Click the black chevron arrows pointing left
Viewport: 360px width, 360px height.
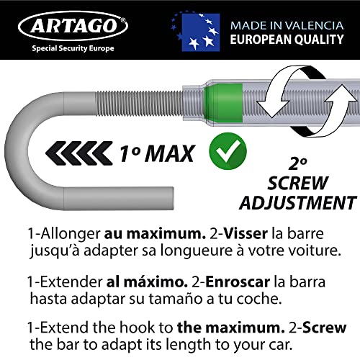pos(74,151)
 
